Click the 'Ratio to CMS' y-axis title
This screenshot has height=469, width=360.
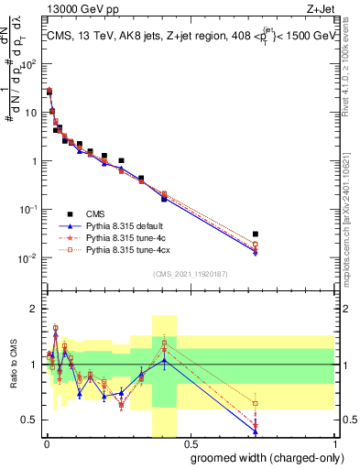point(12,365)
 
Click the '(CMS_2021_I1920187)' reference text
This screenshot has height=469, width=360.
point(190,273)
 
